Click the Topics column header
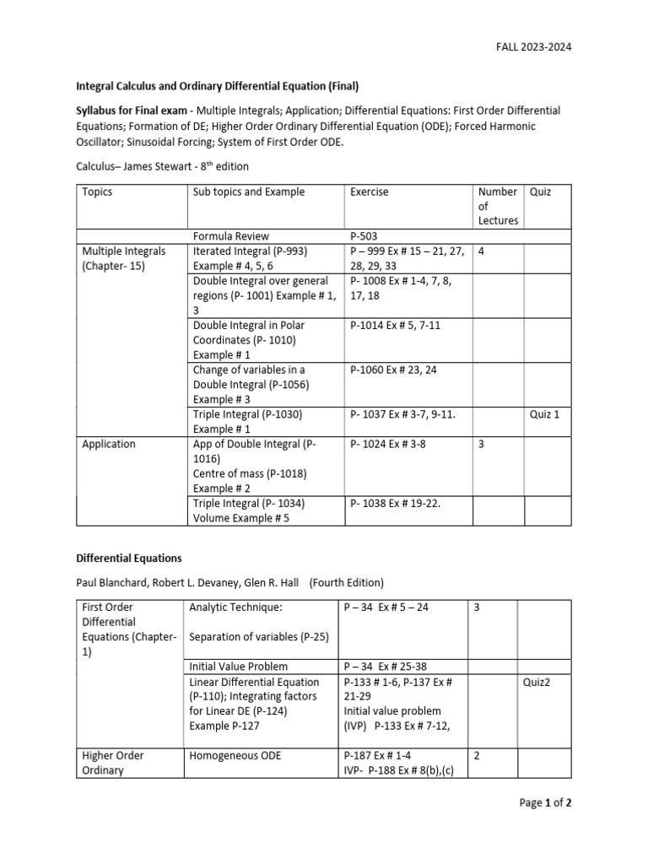click(97, 192)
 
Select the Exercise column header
click(369, 192)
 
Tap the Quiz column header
click(540, 192)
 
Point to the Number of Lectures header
click(497, 206)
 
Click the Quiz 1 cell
click(544, 414)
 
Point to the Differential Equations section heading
click(129, 559)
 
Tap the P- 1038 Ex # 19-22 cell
click(395, 503)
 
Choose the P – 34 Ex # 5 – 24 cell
click(386, 607)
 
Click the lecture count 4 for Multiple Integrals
click(480, 251)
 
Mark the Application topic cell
click(109, 444)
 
